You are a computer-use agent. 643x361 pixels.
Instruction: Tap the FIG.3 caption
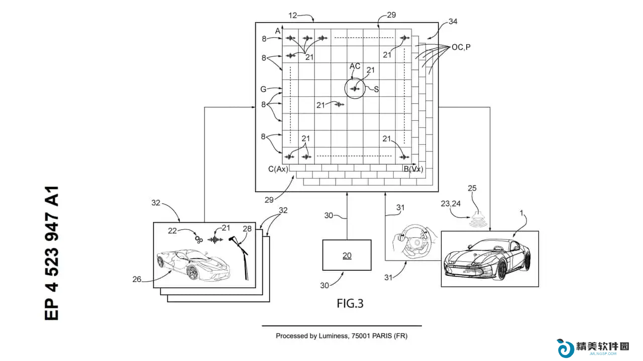pyautogui.click(x=350, y=303)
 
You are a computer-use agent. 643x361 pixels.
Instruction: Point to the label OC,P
pyautogui.click(x=461, y=47)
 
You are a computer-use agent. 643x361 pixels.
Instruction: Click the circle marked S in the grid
pyautogui.click(x=355, y=88)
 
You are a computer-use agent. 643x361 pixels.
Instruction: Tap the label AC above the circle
pyautogui.click(x=355, y=66)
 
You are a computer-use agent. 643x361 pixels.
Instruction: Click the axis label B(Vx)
pyautogui.click(x=413, y=169)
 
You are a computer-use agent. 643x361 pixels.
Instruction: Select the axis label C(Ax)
pyautogui.click(x=278, y=169)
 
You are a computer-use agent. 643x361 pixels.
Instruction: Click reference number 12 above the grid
pyautogui.click(x=292, y=16)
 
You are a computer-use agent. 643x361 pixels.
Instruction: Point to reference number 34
pyautogui.click(x=453, y=22)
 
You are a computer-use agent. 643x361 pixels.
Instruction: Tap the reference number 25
pyautogui.click(x=472, y=188)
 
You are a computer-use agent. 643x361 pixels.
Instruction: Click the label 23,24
pyautogui.click(x=451, y=204)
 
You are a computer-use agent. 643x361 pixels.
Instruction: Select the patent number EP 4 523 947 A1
pyautogui.click(x=52, y=253)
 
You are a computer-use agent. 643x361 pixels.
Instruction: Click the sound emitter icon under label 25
pyautogui.click(x=478, y=220)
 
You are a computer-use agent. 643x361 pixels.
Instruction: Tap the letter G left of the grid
pyautogui.click(x=263, y=89)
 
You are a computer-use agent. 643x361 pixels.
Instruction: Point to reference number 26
pyautogui.click(x=137, y=279)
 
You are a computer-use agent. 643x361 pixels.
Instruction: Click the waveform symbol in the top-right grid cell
pyautogui.click(x=404, y=38)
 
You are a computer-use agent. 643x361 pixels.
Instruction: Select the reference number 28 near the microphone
pyautogui.click(x=247, y=229)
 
